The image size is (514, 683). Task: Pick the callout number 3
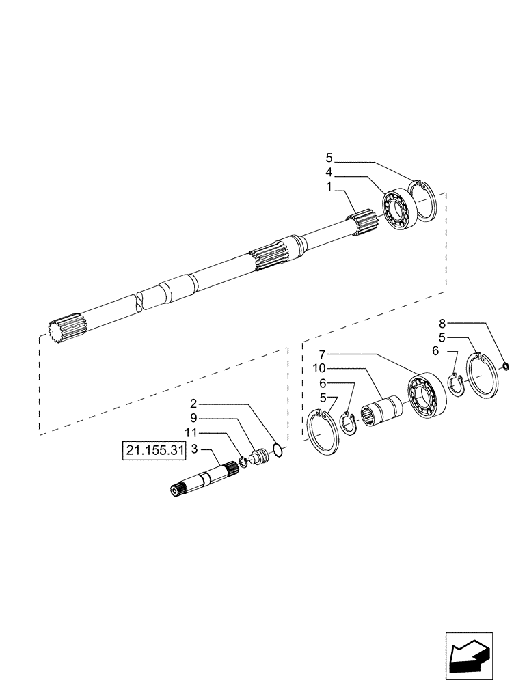195,449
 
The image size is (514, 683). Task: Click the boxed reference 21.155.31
154,451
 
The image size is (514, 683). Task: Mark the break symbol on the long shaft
140,301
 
